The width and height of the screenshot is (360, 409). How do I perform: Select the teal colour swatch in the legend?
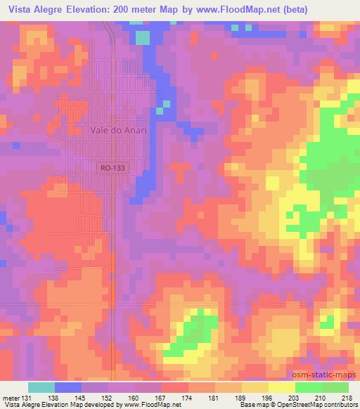[x=41, y=387]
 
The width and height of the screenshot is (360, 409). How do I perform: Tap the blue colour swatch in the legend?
[x=68, y=387]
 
